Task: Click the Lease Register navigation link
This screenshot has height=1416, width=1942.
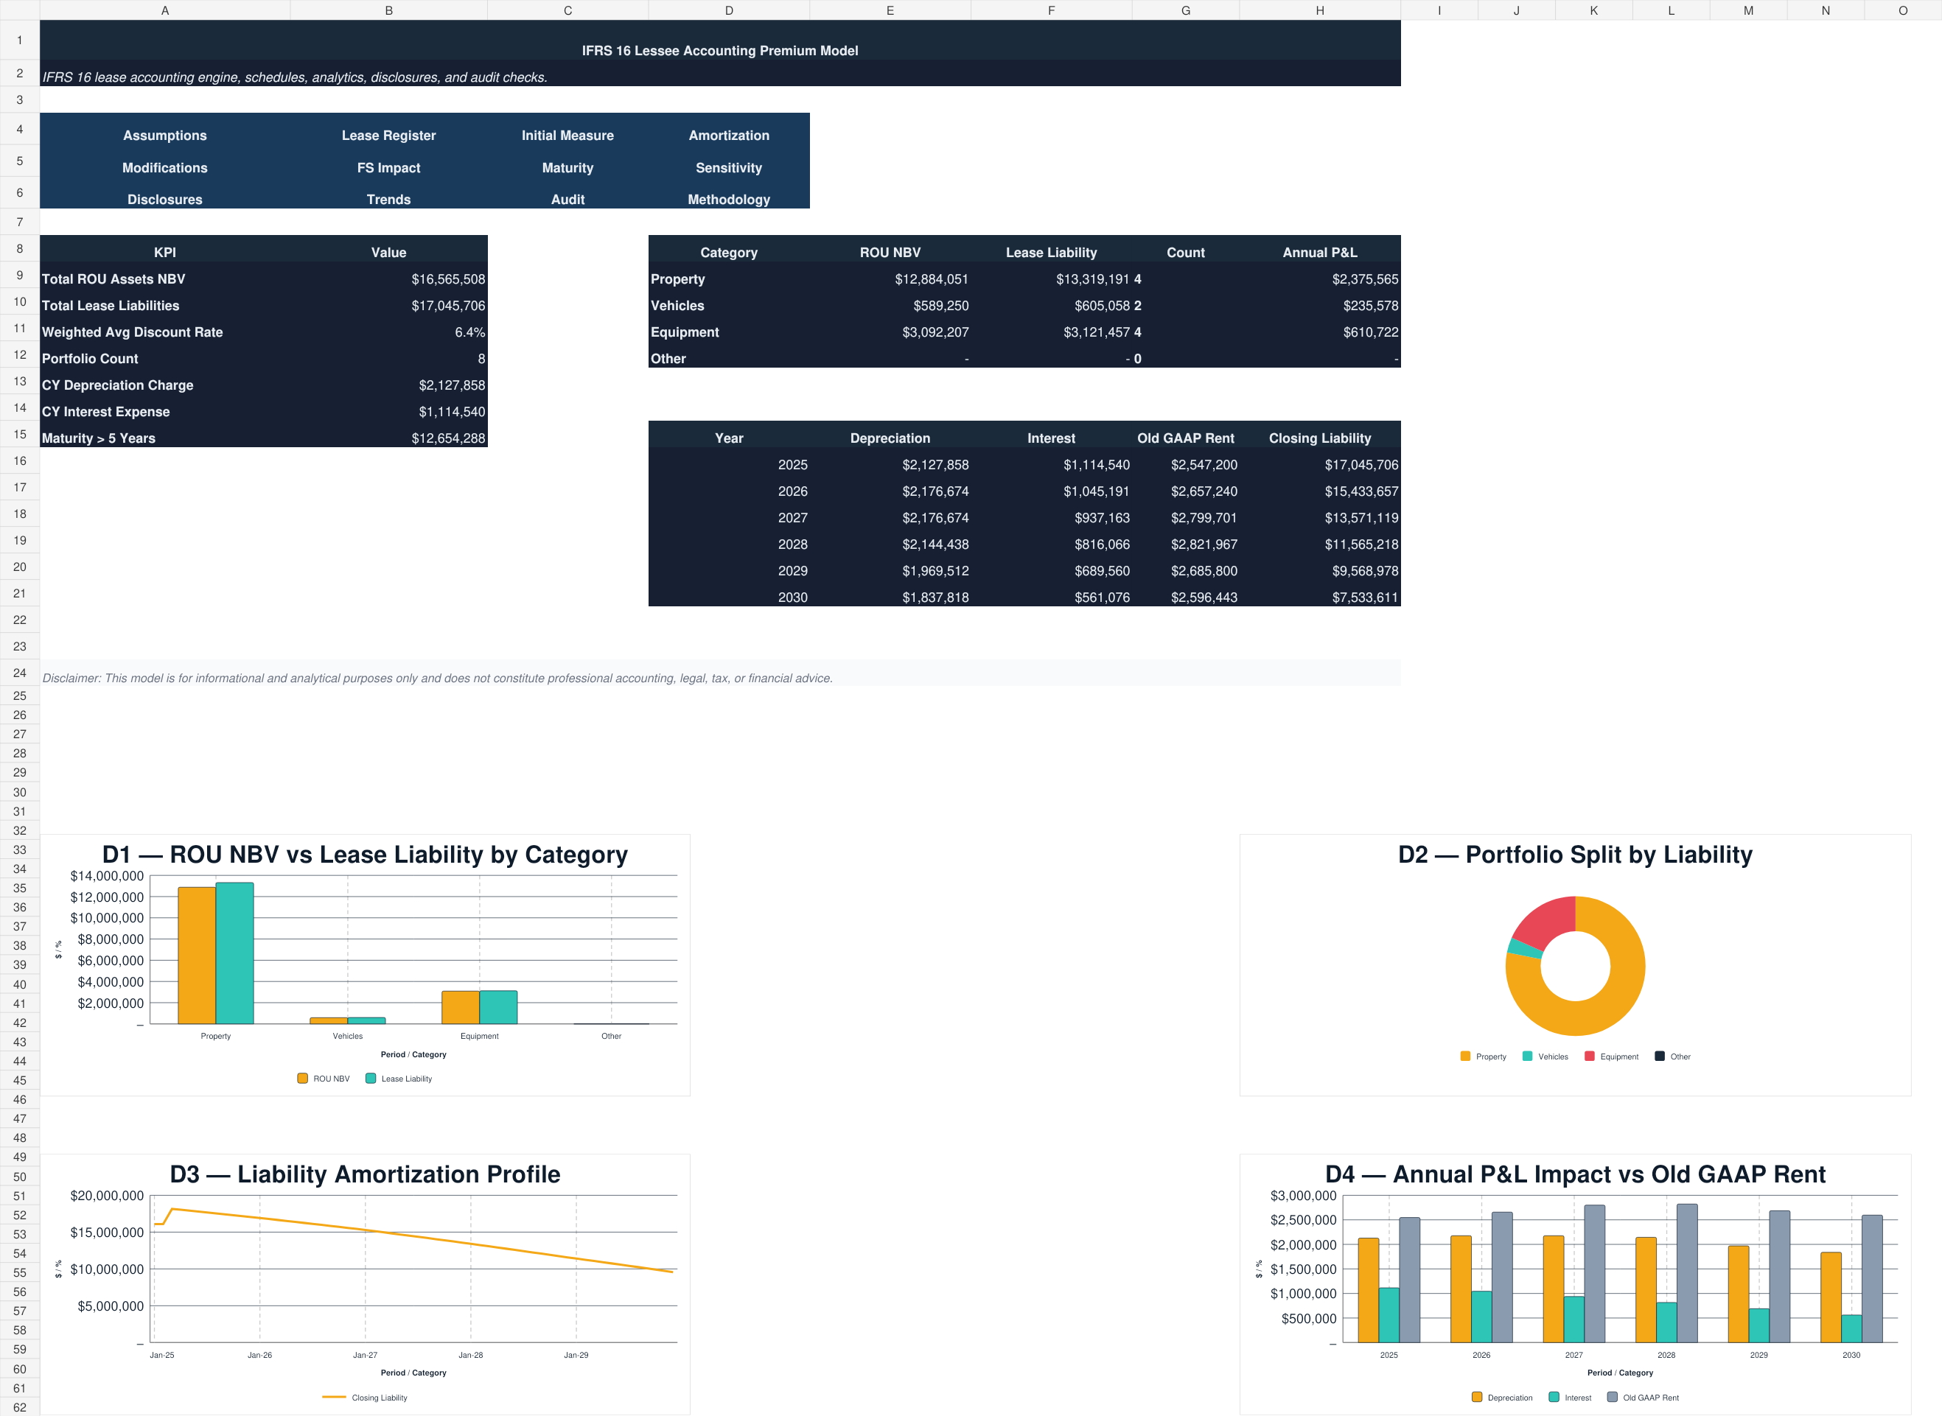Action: pos(388,136)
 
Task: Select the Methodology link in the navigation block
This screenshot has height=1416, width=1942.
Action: pos(729,200)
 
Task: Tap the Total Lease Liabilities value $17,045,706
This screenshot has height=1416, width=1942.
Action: pos(447,306)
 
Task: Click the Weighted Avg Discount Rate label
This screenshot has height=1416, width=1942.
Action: pos(132,332)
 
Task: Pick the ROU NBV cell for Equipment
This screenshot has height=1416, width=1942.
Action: pos(935,332)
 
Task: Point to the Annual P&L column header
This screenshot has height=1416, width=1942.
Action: pos(1319,253)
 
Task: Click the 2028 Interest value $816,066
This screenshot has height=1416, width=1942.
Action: pos(1102,544)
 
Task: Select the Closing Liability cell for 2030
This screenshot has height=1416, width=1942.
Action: pos(1365,597)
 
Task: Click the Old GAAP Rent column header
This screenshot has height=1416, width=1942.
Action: pos(1186,438)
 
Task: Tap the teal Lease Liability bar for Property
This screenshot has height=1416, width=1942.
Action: pos(234,953)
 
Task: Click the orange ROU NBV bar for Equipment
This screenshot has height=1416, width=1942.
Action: pos(461,1008)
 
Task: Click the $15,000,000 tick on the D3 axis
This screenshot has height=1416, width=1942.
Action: pos(107,1233)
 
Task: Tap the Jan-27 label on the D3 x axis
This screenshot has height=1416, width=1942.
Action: pos(366,1355)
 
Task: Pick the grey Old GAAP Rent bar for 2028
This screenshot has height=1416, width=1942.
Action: pos(1686,1274)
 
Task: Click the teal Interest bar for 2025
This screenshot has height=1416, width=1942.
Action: pos(1389,1315)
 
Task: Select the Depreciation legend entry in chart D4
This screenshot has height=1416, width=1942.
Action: pos(1502,1398)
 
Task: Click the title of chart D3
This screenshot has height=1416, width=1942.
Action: pos(366,1174)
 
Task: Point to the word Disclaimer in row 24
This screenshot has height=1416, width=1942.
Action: pos(70,678)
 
